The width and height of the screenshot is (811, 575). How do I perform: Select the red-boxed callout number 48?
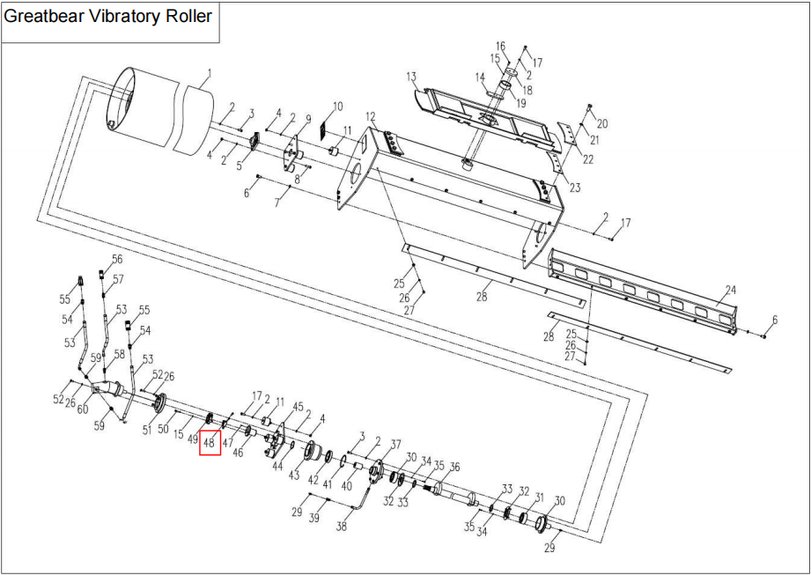tap(210, 443)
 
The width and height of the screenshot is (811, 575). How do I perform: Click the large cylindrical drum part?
tap(159, 110)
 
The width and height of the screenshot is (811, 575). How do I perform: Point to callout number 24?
tap(730, 290)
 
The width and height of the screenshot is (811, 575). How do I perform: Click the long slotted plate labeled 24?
tap(643, 291)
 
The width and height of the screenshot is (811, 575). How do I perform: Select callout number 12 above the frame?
tap(371, 117)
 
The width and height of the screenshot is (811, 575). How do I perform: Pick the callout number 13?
tap(410, 77)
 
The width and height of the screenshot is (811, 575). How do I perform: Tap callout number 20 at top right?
tap(602, 122)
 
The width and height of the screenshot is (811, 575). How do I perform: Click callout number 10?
tap(336, 107)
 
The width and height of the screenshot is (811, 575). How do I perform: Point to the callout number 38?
tap(342, 527)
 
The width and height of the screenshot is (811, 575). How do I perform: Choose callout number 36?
tap(454, 467)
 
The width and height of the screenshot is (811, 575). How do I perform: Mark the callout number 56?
tap(117, 260)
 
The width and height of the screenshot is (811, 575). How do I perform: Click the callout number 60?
tap(83, 410)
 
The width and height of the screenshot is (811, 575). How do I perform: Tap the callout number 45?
tap(298, 407)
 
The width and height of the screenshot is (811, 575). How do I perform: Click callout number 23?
tap(575, 188)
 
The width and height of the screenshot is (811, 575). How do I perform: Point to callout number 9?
tap(308, 119)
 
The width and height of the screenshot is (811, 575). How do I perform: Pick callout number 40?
tap(346, 485)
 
